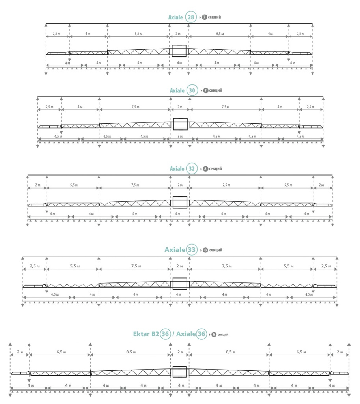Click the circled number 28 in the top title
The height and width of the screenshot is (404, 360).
tap(191, 17)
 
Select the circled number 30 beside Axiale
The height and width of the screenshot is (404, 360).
tap(192, 90)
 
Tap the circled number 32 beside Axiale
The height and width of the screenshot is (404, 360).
tap(192, 169)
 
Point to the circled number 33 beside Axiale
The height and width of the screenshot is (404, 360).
tap(192, 250)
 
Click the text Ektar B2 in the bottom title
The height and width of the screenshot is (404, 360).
tap(146, 334)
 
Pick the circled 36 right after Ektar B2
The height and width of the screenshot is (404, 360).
tap(165, 334)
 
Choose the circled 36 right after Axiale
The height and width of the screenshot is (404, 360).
tap(201, 334)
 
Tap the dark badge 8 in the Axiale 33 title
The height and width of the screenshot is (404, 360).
tap(205, 250)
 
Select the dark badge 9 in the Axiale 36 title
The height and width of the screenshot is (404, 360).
tap(214, 334)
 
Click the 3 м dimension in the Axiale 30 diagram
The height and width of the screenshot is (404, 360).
tap(179, 137)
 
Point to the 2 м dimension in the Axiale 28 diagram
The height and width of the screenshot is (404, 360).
tap(179, 34)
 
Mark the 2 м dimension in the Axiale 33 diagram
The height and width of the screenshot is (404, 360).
tap(179, 266)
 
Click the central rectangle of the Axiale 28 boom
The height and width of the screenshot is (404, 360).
tap(179, 51)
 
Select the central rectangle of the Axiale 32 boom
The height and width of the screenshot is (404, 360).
tap(180, 202)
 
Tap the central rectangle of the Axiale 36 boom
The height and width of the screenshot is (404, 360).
tap(179, 371)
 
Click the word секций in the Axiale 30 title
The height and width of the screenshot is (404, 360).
tap(215, 90)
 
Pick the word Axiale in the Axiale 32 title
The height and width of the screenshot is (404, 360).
tap(177, 169)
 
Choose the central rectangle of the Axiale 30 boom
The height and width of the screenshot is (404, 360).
tap(180, 123)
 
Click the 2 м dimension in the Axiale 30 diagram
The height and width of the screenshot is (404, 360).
tap(180, 107)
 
